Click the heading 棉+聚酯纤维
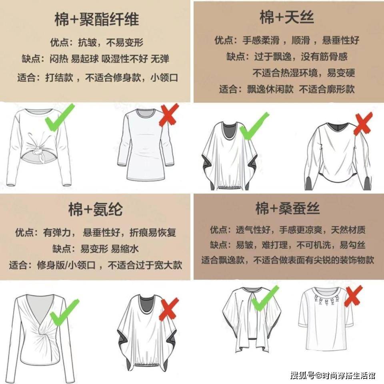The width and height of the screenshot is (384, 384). coord(97,19)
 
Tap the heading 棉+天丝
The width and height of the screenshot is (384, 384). coord(287,17)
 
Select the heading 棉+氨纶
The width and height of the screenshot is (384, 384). coord(96,209)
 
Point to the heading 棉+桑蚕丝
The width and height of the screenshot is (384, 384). coord(288,208)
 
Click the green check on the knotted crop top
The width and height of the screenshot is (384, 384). coord(60,118)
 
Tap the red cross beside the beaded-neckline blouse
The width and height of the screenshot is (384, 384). coord(353,296)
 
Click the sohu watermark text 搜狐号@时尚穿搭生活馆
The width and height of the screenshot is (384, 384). coord(333,375)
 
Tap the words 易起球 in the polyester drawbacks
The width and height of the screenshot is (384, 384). coord(85,59)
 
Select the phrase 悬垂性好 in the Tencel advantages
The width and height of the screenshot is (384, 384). coord(341,40)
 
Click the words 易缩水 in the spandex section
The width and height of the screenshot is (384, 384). coord(125,249)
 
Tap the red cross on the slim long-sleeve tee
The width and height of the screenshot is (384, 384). coord(169,115)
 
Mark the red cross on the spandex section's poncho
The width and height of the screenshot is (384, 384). coord(169,309)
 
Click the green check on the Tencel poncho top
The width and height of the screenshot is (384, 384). coord(254,126)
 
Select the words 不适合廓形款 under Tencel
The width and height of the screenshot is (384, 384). coord(327,89)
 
